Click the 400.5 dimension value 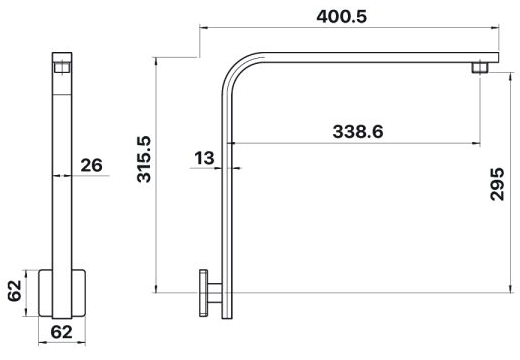coord(341,16)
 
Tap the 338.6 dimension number coord(358,132)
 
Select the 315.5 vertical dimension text coord(144,159)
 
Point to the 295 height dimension coord(497,184)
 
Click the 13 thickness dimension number coord(204,158)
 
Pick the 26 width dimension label coord(92,165)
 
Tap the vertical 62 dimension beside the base coord(15,291)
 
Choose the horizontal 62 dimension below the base coord(62,332)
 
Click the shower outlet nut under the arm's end coord(480,67)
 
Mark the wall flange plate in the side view coord(204,293)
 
